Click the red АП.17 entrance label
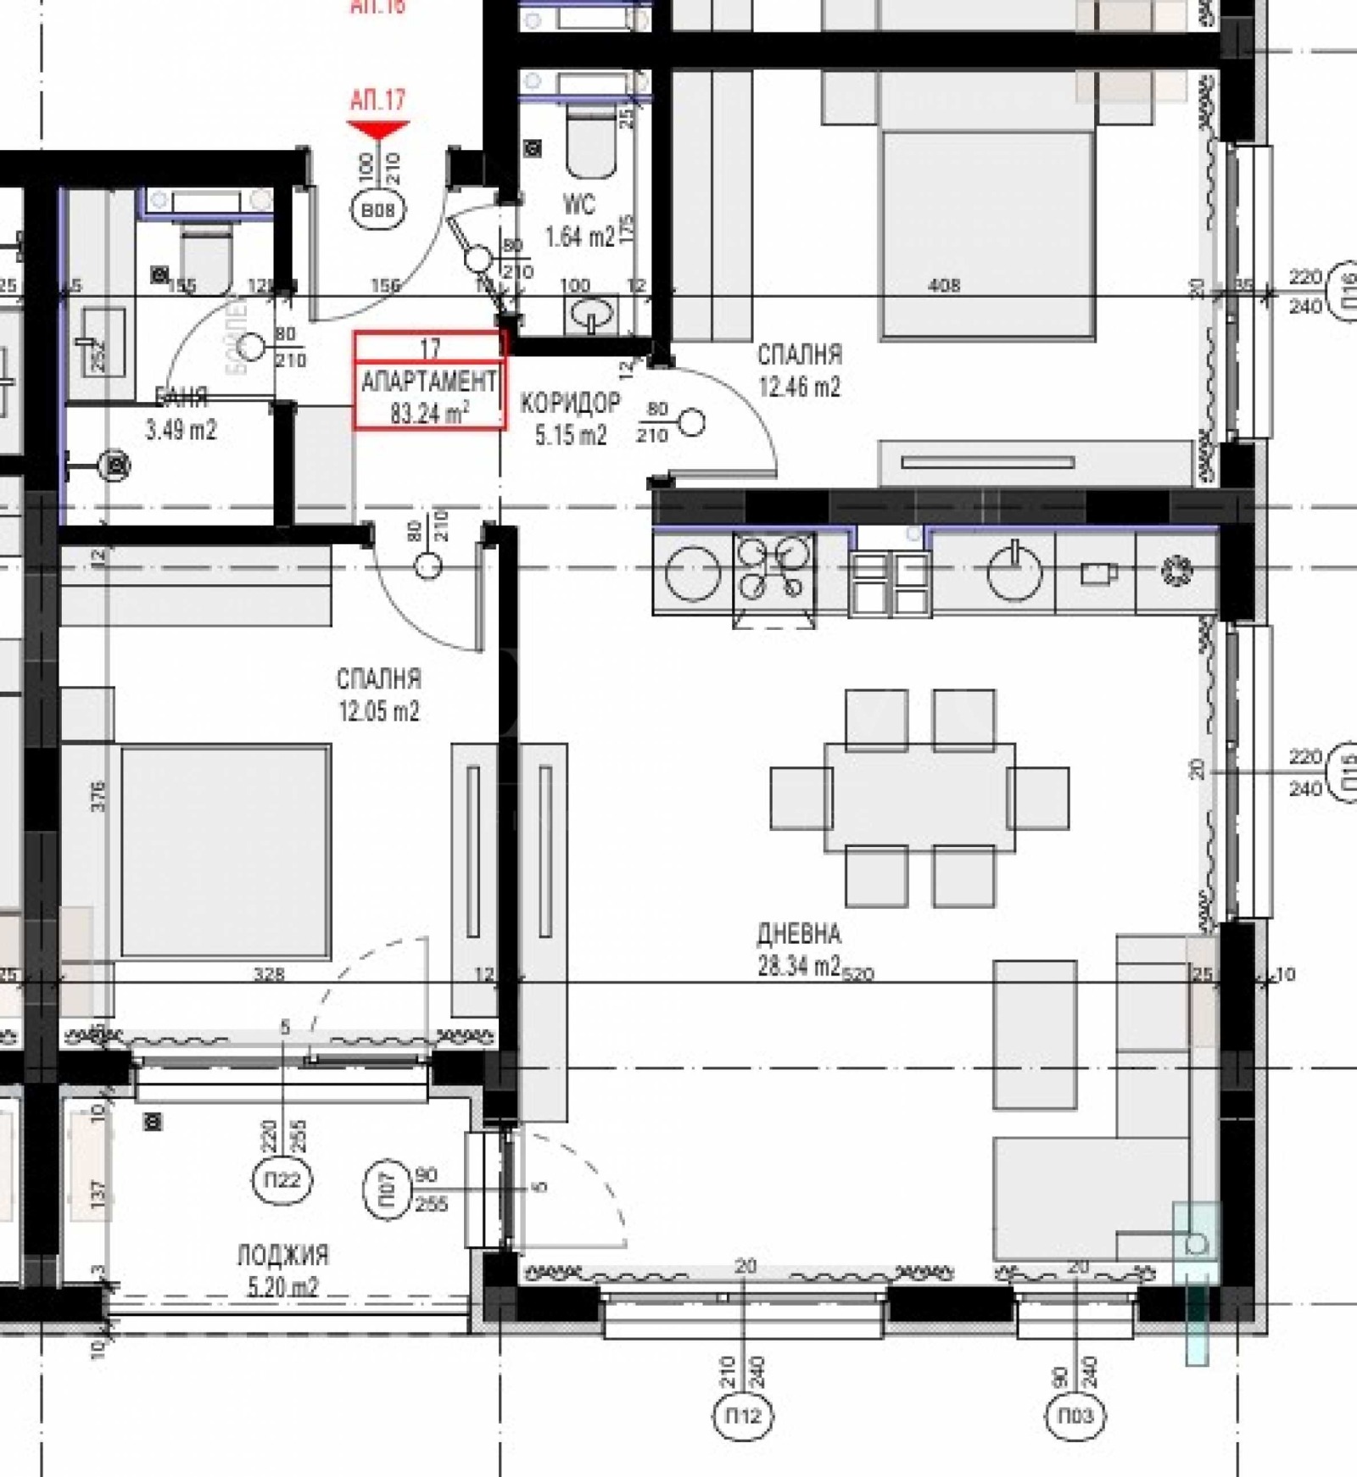pos(378,100)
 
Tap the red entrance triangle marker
pos(378,130)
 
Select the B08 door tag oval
pos(378,210)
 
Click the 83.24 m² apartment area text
pos(429,414)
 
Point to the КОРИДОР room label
pos(570,403)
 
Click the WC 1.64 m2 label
pos(579,220)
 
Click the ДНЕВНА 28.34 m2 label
pos(799,950)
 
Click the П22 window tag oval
pos(282,1179)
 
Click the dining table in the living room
pos(919,797)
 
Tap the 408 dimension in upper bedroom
pos(944,286)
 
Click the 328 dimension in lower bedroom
pos(269,975)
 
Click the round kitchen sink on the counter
pos(1014,572)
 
